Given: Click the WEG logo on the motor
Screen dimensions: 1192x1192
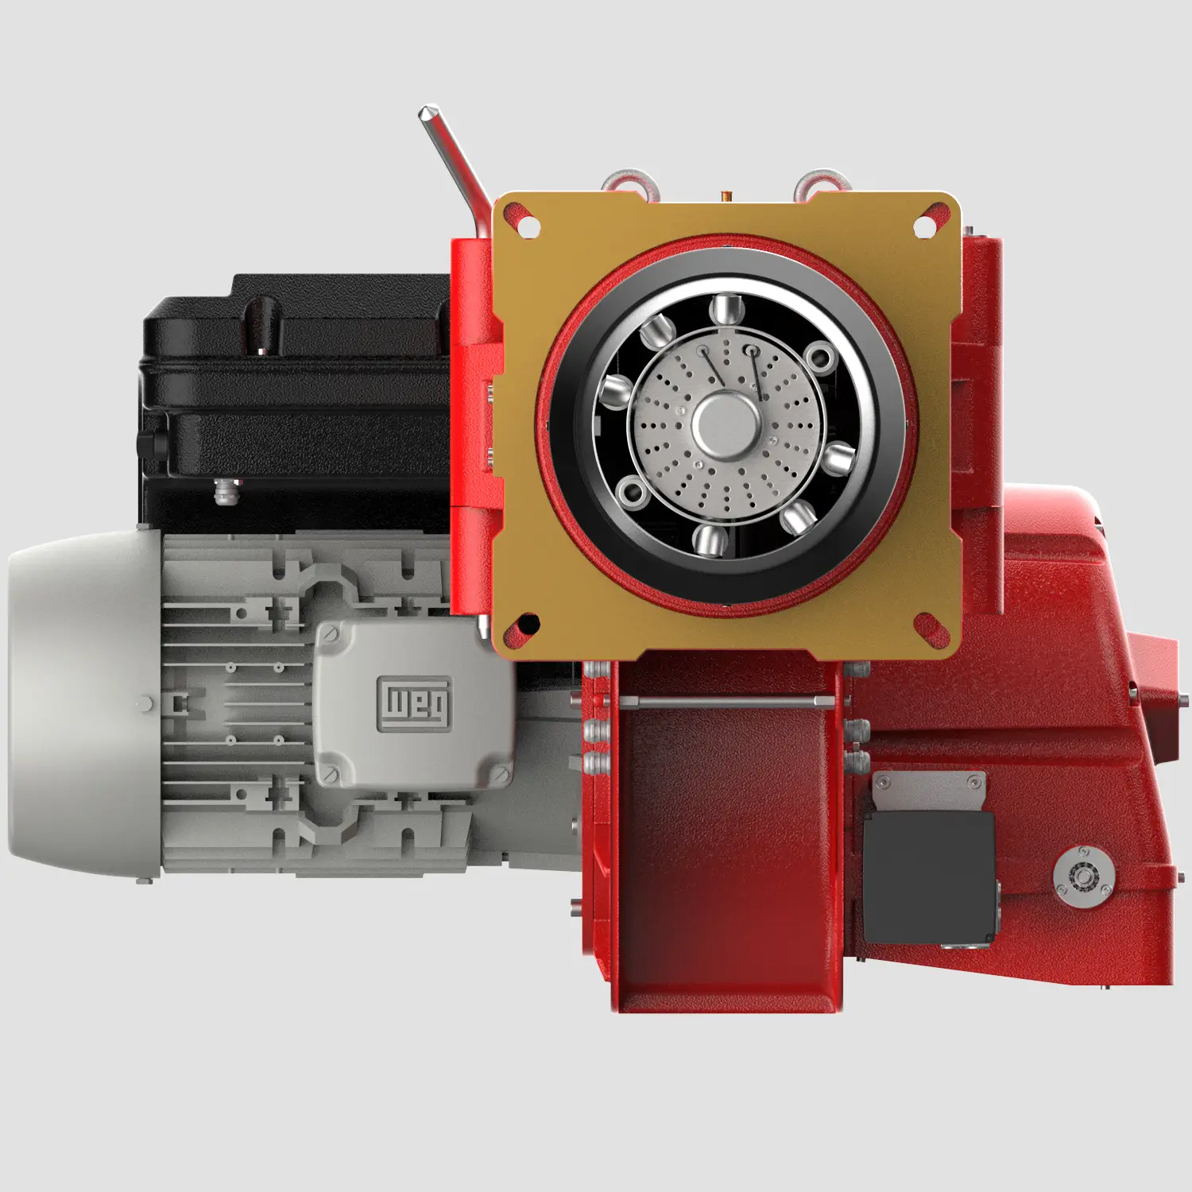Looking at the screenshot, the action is pos(414,703).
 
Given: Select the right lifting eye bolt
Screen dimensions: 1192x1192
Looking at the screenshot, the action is pos(824,181).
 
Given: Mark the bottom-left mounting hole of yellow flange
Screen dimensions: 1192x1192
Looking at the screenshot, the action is pos(528,623).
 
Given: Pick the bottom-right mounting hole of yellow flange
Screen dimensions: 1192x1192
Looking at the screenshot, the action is pos(925,624).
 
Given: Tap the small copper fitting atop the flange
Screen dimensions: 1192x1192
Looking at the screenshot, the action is pos(726,195).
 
